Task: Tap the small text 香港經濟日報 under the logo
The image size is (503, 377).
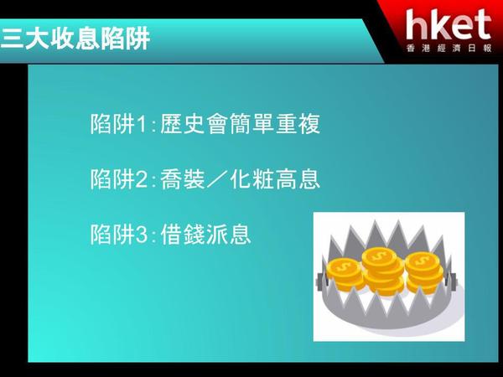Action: point(449,48)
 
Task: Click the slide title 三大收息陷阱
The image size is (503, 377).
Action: point(75,39)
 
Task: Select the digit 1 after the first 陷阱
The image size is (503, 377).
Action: point(142,124)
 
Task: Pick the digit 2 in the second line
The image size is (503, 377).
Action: point(142,179)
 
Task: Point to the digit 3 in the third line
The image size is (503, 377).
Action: point(142,235)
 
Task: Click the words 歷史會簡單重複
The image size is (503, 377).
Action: point(240,124)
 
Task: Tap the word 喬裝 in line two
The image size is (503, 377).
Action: point(183,179)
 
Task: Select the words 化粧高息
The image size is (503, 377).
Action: point(275,179)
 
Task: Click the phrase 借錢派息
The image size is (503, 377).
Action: point(205,235)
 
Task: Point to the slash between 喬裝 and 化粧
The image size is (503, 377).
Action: point(217,179)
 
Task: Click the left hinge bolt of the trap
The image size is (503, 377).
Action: point(320,281)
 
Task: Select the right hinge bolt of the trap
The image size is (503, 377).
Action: point(453,280)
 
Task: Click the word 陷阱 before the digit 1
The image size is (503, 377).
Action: point(112,124)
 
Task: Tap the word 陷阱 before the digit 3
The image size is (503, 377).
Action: point(112,235)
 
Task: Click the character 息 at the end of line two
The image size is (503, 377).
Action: point(309,179)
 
